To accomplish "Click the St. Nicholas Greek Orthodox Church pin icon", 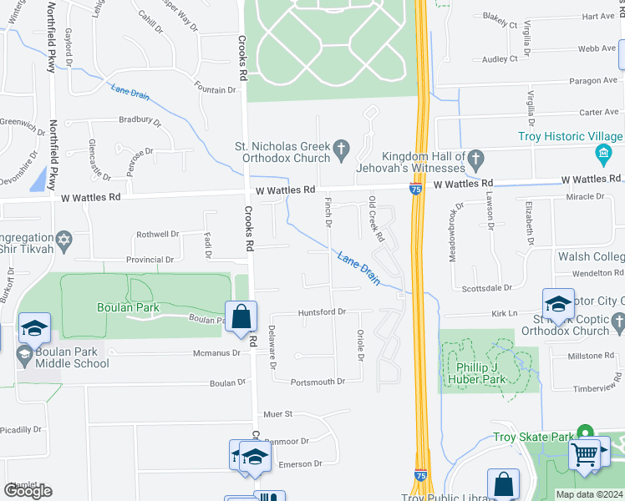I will pyautogui.click(x=340, y=149).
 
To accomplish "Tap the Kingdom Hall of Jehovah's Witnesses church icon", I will pyautogui.click(x=475, y=158).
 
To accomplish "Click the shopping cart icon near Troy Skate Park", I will pyautogui.click(x=586, y=456).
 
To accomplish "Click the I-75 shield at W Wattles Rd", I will pyautogui.click(x=415, y=190).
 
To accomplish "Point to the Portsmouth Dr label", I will pyautogui.click(x=318, y=382).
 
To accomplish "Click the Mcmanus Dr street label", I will pyautogui.click(x=217, y=352).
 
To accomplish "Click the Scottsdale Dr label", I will pyautogui.click(x=486, y=288).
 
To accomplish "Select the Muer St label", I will pyautogui.click(x=277, y=413).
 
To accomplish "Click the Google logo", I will pyautogui.click(x=28, y=490).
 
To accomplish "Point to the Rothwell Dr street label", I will pyautogui.click(x=158, y=235).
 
